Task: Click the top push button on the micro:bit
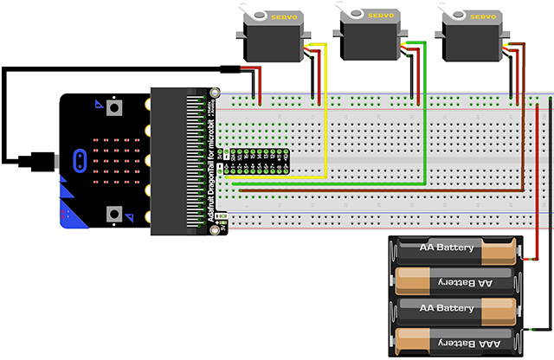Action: click(x=113, y=107)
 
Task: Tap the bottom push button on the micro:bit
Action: click(x=113, y=214)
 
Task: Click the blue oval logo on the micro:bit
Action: click(x=79, y=160)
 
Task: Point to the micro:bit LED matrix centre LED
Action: click(x=113, y=160)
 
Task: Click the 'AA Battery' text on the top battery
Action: click(x=447, y=249)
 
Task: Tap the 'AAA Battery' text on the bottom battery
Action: click(x=447, y=337)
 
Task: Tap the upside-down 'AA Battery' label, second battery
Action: click(x=447, y=280)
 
